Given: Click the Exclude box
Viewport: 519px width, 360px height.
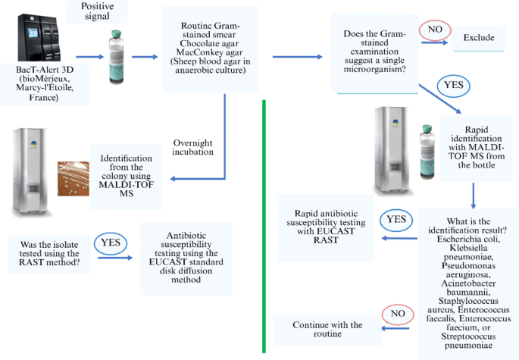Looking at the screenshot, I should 478,37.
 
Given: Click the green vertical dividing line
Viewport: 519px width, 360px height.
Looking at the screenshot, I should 263,227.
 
